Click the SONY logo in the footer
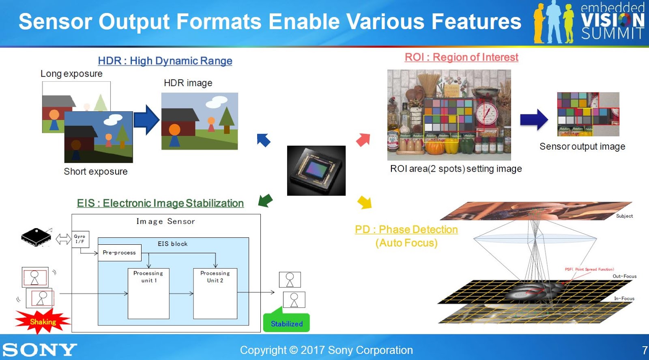click(39, 349)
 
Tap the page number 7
click(645, 350)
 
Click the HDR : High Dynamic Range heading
click(165, 61)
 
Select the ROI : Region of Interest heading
click(461, 57)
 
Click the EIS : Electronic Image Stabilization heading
click(160, 203)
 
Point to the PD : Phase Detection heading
click(406, 230)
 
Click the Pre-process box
click(119, 252)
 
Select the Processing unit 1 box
click(148, 293)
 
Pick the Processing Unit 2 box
click(215, 293)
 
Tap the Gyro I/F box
click(80, 239)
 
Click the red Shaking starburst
click(43, 321)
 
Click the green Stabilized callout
click(286, 323)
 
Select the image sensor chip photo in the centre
click(316, 170)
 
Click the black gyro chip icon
click(36, 237)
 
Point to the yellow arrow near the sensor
click(364, 202)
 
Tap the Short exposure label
click(95, 172)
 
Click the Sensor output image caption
click(582, 147)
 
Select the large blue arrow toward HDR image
click(146, 120)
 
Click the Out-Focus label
click(624, 276)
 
